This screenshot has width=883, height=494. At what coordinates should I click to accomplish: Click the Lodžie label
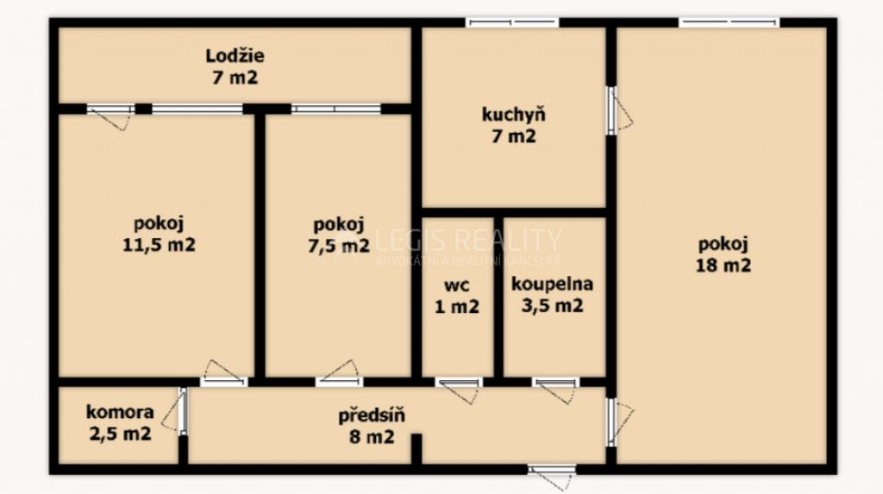235,56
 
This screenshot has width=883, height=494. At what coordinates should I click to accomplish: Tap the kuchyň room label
514,115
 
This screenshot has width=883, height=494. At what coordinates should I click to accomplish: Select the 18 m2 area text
723,266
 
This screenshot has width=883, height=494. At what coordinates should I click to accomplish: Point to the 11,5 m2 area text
160,245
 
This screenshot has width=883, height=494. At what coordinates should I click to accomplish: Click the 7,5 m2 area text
339,246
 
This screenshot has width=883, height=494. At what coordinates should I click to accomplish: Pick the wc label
457,285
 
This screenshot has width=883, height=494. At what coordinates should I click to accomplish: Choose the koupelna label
552,284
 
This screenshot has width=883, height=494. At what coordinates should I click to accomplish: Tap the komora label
120,412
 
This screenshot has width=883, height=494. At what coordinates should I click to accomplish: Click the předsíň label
372,416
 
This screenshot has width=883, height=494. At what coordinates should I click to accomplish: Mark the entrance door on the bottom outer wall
552,476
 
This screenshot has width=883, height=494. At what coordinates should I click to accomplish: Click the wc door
459,390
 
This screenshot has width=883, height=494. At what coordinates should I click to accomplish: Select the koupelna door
556,390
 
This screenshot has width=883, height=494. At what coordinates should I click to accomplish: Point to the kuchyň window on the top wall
512,22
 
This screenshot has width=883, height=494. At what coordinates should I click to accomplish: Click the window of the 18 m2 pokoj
730,22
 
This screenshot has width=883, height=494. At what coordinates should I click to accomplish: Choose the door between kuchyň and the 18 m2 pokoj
619,110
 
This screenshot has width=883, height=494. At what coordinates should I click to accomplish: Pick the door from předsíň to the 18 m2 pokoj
619,422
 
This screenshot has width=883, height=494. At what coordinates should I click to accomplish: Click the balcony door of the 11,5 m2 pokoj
111,116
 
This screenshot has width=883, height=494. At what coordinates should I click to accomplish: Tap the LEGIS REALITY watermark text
468,240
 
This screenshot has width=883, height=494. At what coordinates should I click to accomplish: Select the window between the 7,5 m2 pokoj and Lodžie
336,109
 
